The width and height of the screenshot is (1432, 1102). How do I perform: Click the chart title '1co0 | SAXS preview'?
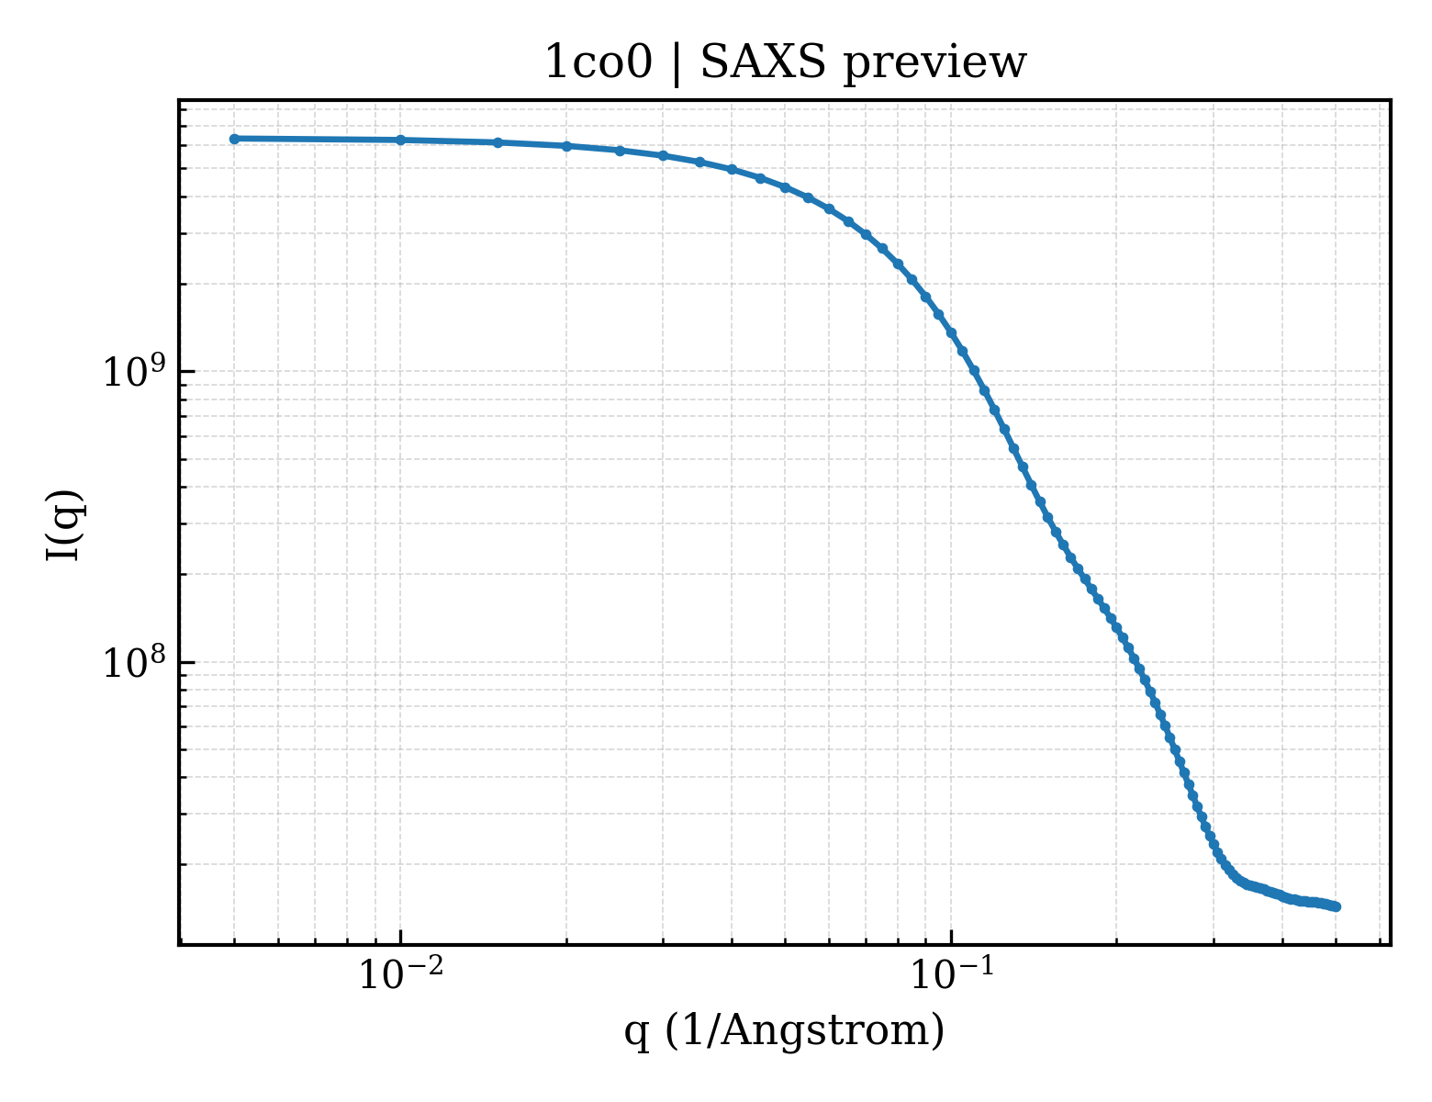pyautogui.click(x=784, y=63)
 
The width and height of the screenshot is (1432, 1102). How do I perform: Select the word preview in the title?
pyautogui.click(x=935, y=65)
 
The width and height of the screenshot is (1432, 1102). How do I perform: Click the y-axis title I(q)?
pyautogui.click(x=64, y=525)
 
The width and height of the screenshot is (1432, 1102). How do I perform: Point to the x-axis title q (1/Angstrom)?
pyautogui.click(x=784, y=1030)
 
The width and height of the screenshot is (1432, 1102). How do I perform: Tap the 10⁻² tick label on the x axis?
pyautogui.click(x=400, y=973)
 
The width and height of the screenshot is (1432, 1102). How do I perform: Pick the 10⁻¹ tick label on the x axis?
pyautogui.click(x=952, y=973)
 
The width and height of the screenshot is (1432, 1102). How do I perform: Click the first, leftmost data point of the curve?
pyautogui.click(x=234, y=139)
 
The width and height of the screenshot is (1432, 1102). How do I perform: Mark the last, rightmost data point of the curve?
pyautogui.click(x=1337, y=907)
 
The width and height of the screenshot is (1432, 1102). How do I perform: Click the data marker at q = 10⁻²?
pyautogui.click(x=400, y=140)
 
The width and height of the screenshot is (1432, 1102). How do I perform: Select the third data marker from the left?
pyautogui.click(x=498, y=142)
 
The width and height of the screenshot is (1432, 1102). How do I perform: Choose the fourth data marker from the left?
pyautogui.click(x=566, y=146)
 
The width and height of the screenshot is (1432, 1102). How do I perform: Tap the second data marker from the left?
pyautogui.click(x=400, y=140)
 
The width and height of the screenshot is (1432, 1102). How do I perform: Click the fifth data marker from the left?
pyautogui.click(x=621, y=151)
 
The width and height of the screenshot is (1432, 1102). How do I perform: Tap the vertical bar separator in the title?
pyautogui.click(x=677, y=64)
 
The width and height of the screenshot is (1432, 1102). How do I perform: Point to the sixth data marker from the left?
pyautogui.click(x=664, y=155)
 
